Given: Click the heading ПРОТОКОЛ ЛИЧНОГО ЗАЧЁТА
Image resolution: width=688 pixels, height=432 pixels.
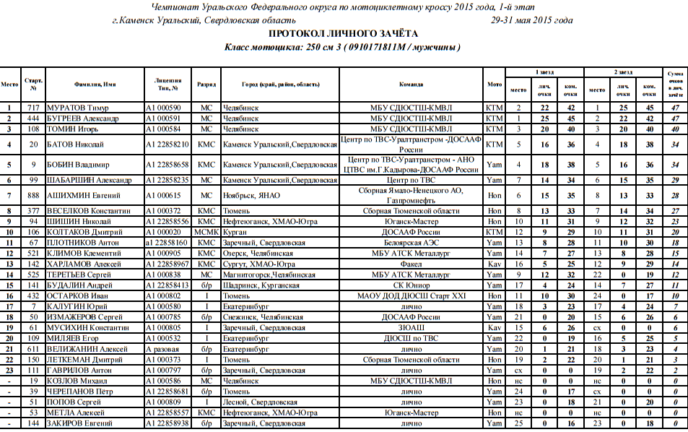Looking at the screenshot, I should click(343, 34).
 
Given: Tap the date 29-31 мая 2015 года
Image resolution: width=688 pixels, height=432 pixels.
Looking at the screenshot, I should click(531, 20).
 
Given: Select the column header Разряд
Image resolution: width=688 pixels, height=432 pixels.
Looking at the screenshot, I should click(206, 84).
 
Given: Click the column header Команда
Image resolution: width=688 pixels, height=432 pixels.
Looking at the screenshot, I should click(411, 84).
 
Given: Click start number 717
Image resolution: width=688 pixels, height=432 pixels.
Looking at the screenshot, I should click(33, 108).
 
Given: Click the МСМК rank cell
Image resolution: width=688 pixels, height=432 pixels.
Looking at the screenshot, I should click(206, 232).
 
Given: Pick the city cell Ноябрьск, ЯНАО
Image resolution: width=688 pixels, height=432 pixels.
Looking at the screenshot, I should click(248, 195).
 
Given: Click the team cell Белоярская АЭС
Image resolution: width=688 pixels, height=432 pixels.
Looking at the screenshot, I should click(411, 243).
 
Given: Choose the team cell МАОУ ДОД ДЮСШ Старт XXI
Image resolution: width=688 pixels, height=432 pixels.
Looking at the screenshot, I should click(411, 296).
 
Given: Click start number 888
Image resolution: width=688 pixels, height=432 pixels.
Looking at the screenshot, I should click(33, 195).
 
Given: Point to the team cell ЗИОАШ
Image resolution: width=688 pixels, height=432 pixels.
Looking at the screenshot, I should click(411, 328).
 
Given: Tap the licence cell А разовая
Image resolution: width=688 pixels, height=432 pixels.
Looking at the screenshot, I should click(166, 349).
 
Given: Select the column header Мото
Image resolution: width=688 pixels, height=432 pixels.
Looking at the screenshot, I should click(495, 84).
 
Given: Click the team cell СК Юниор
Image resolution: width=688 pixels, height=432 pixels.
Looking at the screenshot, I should click(411, 285).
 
